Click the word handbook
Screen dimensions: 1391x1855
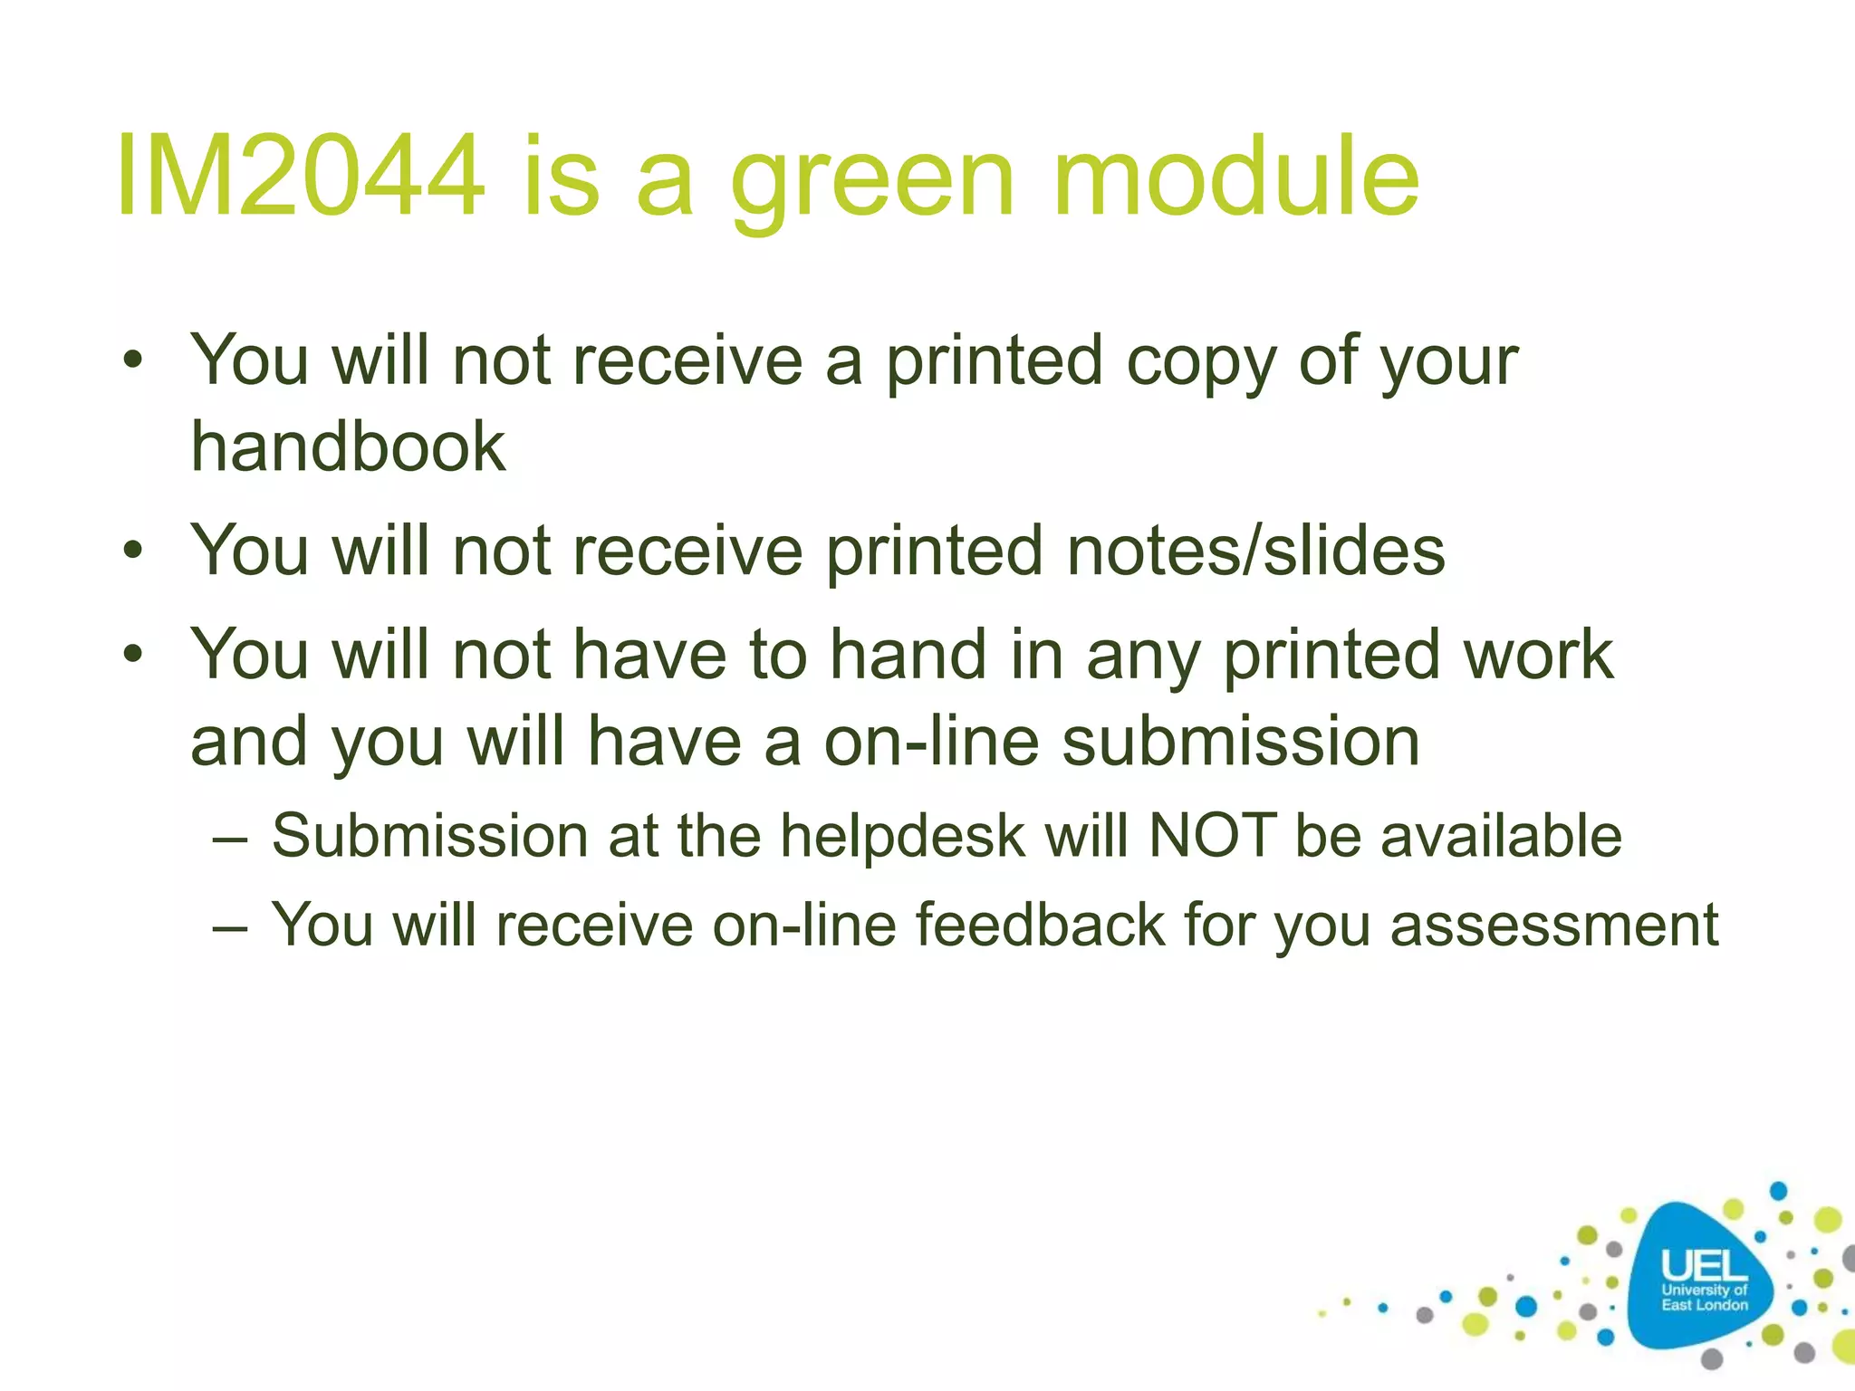(x=348, y=446)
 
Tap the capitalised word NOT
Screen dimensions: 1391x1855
(x=1213, y=835)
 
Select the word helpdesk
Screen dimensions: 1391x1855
(x=902, y=835)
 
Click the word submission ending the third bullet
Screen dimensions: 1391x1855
(x=1240, y=742)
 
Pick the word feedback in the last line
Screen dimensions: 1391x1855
(x=1040, y=925)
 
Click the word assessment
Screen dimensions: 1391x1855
(x=1554, y=925)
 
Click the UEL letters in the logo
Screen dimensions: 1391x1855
(x=1704, y=1265)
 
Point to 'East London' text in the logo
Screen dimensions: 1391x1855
(x=1704, y=1305)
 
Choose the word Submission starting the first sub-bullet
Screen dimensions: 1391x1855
(x=430, y=835)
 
